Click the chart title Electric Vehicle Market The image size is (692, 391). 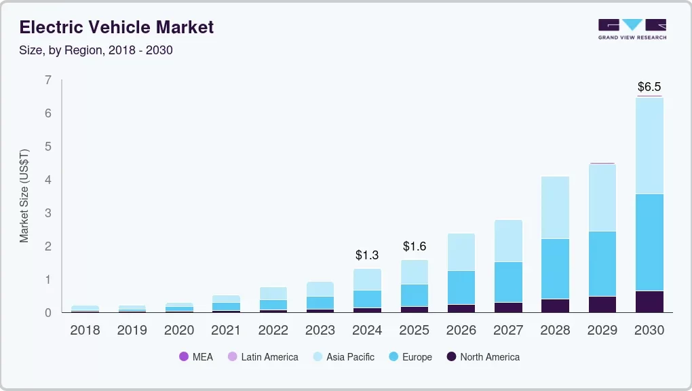(x=116, y=27)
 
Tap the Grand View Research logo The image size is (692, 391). (x=632, y=29)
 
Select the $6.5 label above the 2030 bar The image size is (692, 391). (x=649, y=87)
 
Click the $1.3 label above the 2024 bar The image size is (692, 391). (x=367, y=255)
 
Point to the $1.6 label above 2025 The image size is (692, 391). (x=415, y=246)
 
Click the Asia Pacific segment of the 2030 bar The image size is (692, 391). (x=649, y=145)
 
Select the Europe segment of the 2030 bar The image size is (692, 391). (x=649, y=242)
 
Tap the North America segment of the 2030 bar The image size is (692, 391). (x=649, y=301)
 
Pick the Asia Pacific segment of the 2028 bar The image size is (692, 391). (x=555, y=207)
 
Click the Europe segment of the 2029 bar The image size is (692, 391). (x=602, y=263)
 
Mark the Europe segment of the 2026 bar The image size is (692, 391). (x=461, y=287)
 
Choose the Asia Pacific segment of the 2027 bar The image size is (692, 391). (x=508, y=240)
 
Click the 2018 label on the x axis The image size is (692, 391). (x=85, y=331)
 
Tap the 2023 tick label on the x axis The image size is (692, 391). (x=320, y=331)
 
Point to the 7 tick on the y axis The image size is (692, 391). (x=47, y=80)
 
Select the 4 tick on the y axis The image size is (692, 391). (x=47, y=180)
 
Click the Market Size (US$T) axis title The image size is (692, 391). (x=24, y=195)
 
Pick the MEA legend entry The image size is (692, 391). (x=196, y=356)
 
